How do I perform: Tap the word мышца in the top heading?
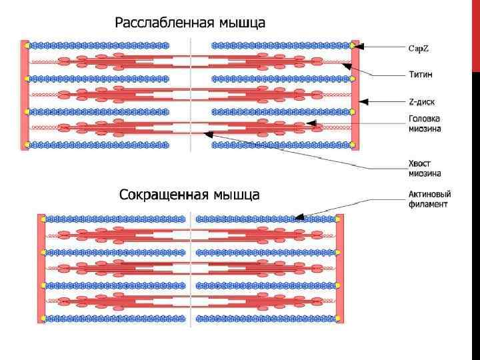pyautogui.click(x=239, y=23)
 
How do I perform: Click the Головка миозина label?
pyautogui.click(x=424, y=125)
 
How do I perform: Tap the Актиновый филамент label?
pyautogui.click(x=429, y=199)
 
